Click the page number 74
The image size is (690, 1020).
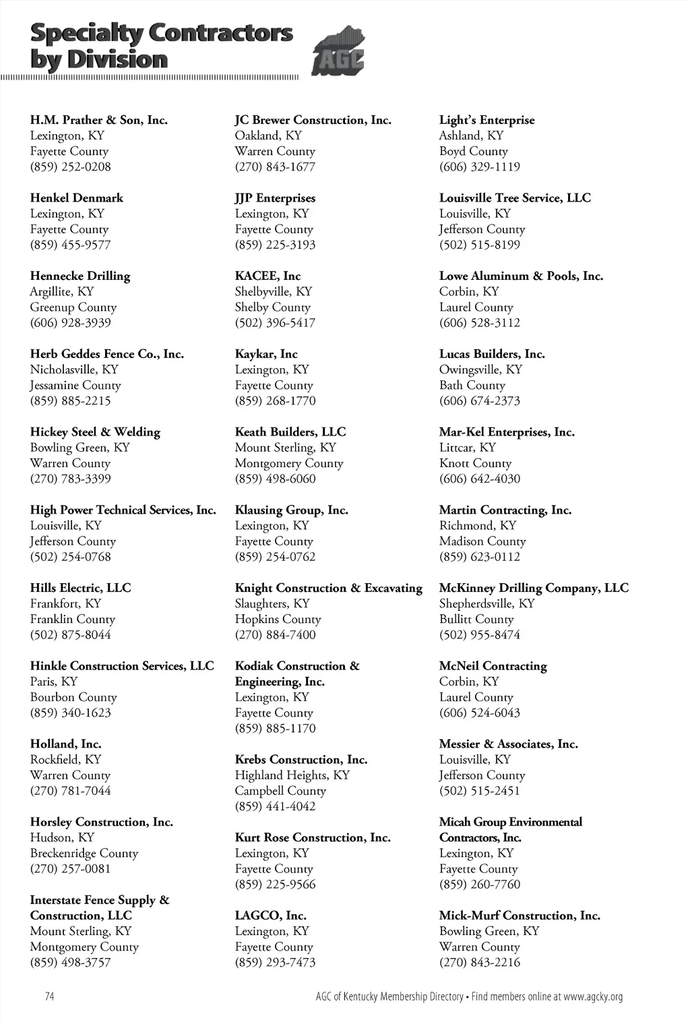49,996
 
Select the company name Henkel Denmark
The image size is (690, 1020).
77,198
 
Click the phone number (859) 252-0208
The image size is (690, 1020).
71,167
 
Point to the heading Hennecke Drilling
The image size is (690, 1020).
80,276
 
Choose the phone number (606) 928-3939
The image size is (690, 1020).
71,322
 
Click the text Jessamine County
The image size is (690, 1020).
75,385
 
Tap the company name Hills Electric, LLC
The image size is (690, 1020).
81,588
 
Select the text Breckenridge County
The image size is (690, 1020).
84,853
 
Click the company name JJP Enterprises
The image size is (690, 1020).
275,198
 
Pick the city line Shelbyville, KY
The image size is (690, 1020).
274,291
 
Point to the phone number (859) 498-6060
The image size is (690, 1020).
275,479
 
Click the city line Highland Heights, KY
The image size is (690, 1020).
292,775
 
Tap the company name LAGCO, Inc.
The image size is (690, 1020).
270,916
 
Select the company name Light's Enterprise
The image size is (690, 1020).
487,120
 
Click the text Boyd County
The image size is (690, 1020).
474,151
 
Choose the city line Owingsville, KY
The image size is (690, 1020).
481,369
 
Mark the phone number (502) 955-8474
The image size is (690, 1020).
480,634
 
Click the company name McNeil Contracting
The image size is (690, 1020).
493,666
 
